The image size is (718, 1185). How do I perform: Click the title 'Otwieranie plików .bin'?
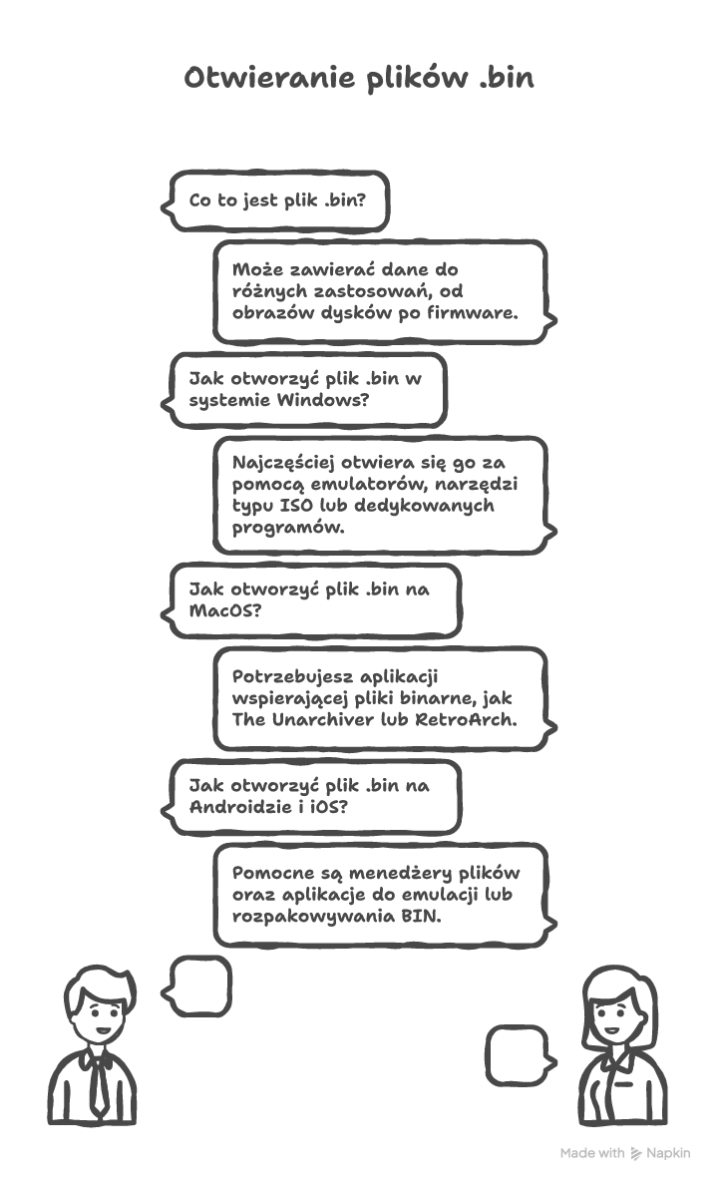point(359,79)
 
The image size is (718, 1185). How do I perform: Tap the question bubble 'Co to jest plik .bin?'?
point(276,200)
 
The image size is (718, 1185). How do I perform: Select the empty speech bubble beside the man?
point(199,986)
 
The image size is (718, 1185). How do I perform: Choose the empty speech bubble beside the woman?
point(518,1055)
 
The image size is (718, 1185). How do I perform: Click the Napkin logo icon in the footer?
point(636,1153)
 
